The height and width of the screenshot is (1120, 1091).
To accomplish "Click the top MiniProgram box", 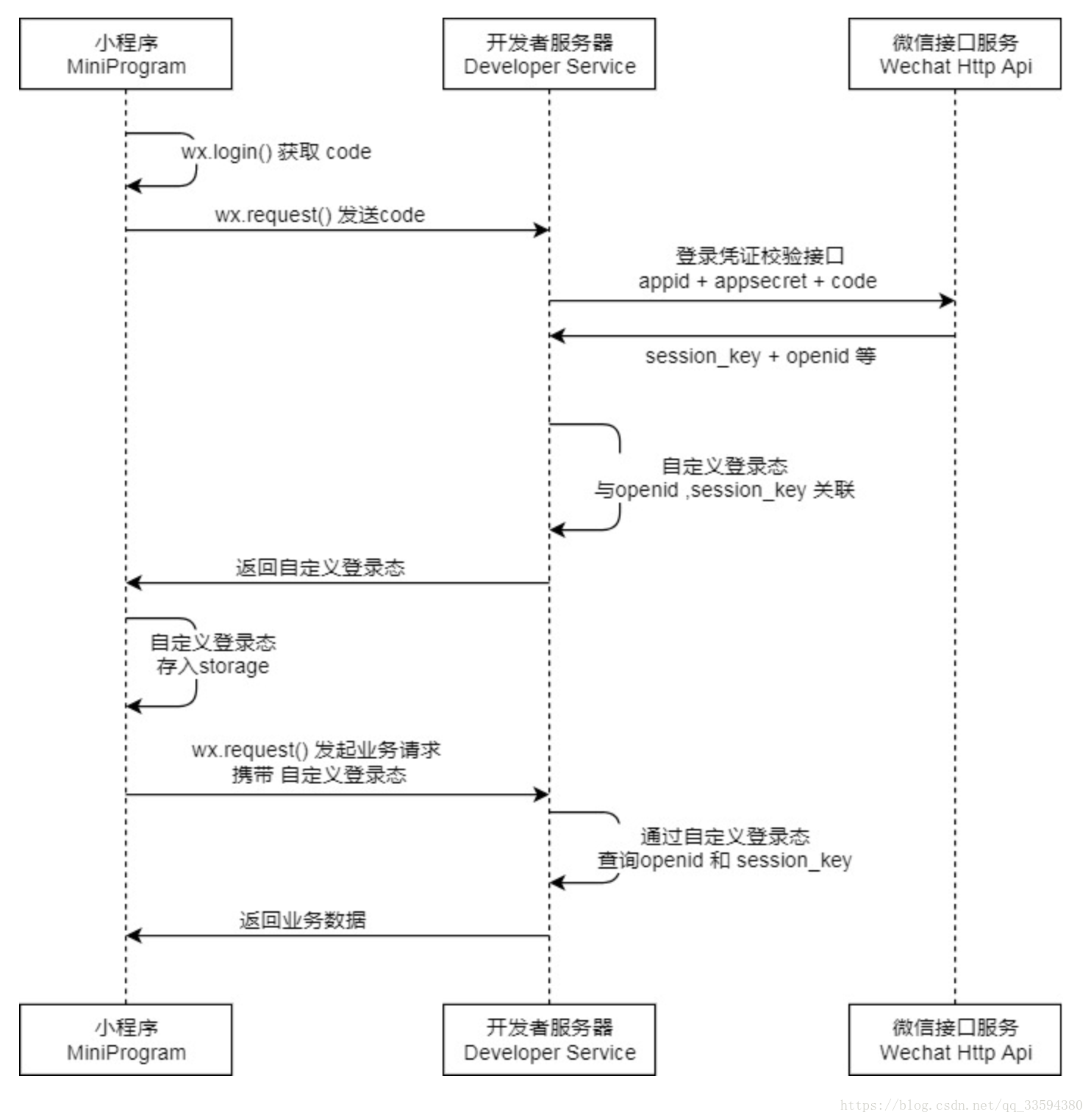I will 126,54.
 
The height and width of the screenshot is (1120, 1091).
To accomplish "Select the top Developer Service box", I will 549,54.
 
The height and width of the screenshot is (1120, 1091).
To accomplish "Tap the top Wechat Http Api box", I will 955,54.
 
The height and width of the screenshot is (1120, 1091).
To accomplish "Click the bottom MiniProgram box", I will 126,1040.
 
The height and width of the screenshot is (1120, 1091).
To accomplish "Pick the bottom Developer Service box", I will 549,1040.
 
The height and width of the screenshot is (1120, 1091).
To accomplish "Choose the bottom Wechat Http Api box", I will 955,1040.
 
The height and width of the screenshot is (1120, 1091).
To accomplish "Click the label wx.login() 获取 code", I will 276,152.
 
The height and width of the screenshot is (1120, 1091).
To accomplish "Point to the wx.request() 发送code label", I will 320,215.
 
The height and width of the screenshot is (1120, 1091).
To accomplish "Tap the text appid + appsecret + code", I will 757,281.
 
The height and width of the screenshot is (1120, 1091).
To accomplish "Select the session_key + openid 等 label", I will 760,356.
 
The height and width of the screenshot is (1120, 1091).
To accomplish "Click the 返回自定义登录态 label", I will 320,567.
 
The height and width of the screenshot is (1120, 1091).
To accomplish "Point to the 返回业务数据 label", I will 302,920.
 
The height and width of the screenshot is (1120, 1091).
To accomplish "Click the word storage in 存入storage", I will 234,667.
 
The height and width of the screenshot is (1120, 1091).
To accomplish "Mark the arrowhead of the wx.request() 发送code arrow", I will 543,231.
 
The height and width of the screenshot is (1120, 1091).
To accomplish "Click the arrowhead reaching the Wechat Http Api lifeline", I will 948,301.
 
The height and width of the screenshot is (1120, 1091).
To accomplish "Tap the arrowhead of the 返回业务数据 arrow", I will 133,936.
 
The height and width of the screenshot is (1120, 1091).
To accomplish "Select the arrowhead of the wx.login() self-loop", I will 133,186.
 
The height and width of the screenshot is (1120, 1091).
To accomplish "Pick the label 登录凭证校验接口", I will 759,256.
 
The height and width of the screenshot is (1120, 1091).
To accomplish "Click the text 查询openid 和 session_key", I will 724,861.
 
